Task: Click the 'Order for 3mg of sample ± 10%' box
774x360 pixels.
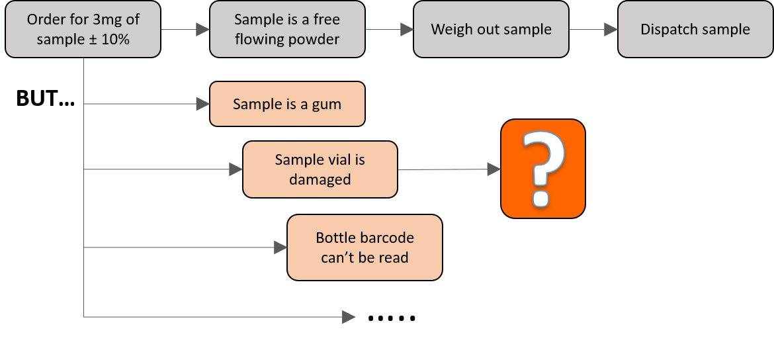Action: pos(83,29)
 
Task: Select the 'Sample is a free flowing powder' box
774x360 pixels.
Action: pos(287,29)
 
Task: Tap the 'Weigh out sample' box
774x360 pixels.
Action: pos(491,29)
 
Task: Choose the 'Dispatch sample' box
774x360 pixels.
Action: pos(695,29)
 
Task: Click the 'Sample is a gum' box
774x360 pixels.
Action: pos(287,104)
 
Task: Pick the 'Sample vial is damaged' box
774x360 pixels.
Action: pos(320,169)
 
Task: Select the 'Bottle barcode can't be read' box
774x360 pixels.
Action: pos(365,247)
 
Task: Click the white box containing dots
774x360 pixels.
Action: pos(396,307)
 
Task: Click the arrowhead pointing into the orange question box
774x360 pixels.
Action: pos(494,169)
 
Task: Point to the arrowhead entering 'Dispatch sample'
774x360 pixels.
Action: pos(611,30)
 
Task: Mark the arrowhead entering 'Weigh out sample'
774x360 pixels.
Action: pos(407,30)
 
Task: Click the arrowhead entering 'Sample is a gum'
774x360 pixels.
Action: pos(203,104)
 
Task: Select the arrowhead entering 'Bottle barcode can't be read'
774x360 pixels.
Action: pos(280,248)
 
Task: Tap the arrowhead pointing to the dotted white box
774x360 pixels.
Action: pos(347,318)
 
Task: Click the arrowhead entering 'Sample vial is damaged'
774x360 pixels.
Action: pos(236,169)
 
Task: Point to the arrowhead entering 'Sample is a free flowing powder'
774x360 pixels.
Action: pos(203,30)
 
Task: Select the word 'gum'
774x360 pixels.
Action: pos(327,105)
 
